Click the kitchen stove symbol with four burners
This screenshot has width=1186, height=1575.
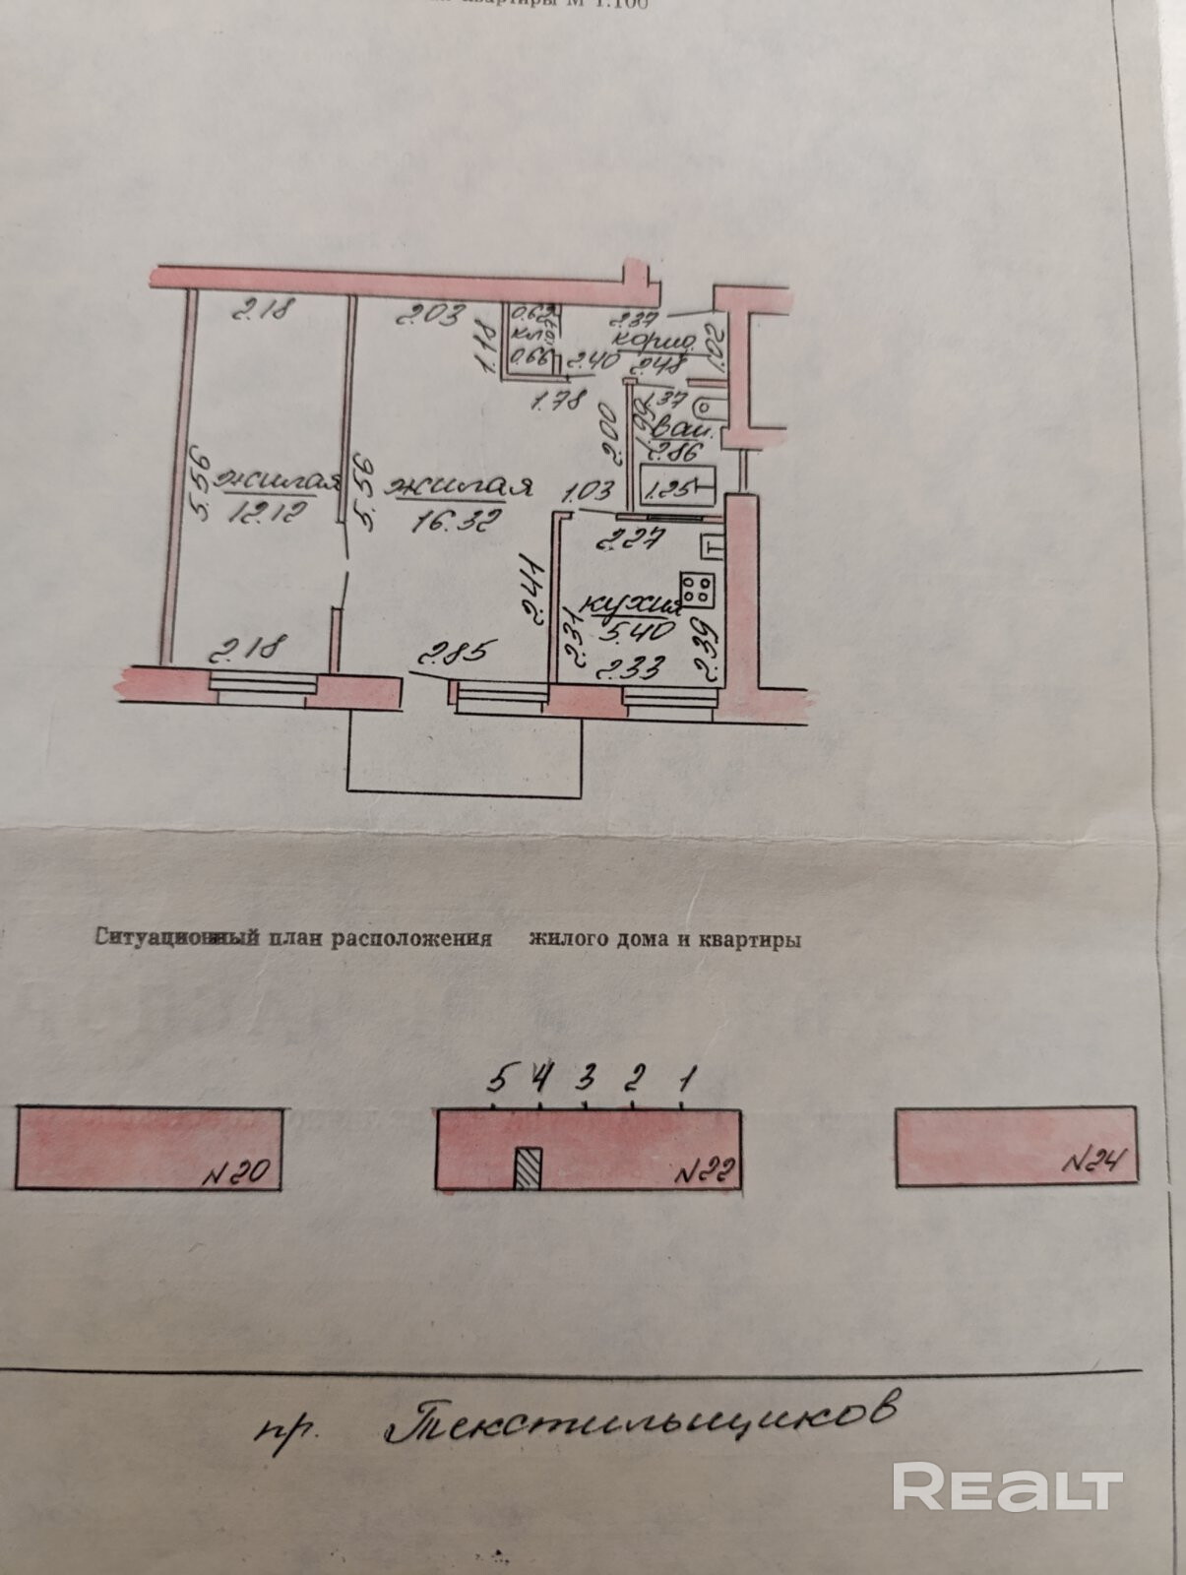[699, 588]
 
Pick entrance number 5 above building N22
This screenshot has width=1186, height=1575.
[498, 1079]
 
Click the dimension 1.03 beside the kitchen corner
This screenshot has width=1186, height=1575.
[590, 489]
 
